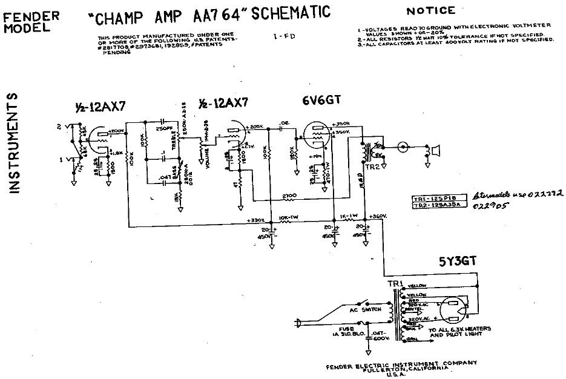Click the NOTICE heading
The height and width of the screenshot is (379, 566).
pos(430,11)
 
